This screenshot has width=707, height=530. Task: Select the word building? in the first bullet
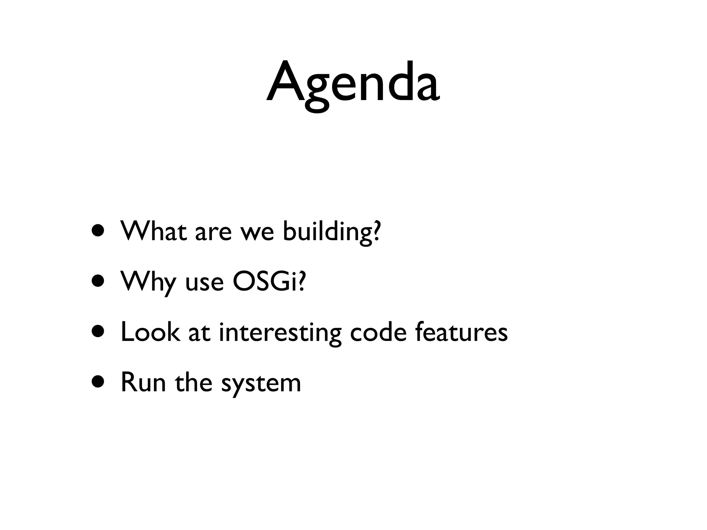pos(331,232)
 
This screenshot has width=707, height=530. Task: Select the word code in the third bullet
pos(378,332)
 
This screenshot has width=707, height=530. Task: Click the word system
pos(261,384)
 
